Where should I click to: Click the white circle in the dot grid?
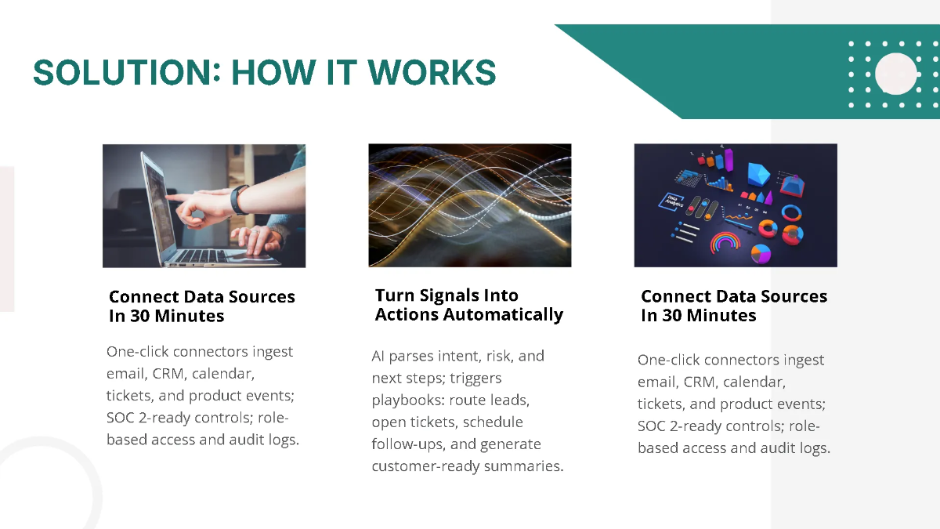click(896, 74)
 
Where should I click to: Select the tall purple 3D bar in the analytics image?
click(728, 160)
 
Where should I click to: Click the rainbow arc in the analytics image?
click(725, 242)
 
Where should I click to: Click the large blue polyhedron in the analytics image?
click(757, 173)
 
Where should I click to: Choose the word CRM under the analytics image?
click(699, 382)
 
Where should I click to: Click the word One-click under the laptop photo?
click(137, 351)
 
